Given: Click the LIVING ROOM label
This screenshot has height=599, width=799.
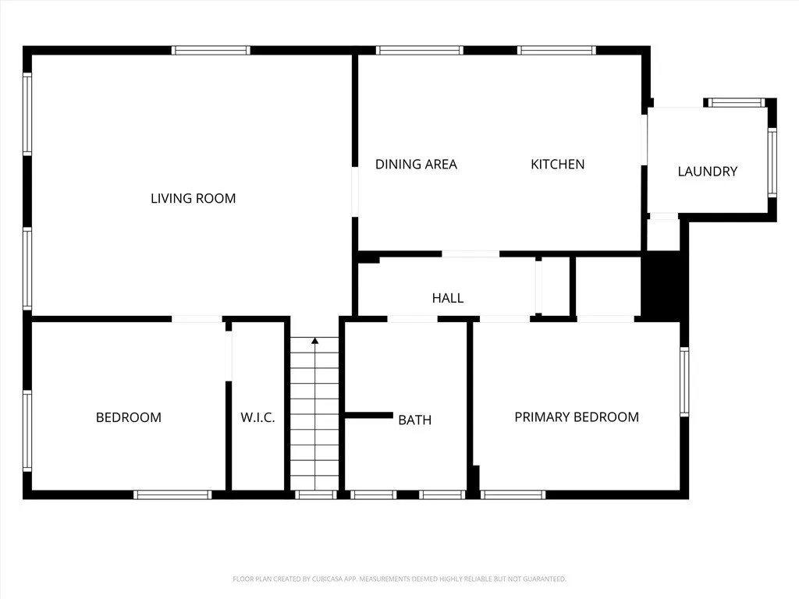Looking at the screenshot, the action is point(194,198).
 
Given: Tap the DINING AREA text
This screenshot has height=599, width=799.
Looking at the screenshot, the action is point(416,164).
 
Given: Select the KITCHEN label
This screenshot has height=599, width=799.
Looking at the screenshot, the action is point(557,164).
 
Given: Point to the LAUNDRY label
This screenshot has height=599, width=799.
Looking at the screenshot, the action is point(707,171).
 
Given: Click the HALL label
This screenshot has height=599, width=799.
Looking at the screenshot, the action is point(447,298).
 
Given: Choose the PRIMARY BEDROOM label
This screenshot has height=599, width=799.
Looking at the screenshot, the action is point(577,417).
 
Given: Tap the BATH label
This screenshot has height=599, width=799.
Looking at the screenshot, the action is point(415,420).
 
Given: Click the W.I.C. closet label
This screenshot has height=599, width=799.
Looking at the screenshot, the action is point(257,418).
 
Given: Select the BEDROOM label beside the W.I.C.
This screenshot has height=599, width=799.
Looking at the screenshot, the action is point(129,418).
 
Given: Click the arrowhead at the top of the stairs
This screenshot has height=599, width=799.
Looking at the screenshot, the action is point(315,340).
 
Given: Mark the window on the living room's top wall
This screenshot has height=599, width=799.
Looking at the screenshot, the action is point(211,51).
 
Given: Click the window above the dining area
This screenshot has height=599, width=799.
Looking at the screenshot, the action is point(419,51).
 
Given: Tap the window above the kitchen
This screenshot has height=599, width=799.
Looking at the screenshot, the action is point(556,51).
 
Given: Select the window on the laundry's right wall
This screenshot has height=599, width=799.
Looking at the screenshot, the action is point(772,162).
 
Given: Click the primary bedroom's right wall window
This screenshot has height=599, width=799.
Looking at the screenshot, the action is point(684,382).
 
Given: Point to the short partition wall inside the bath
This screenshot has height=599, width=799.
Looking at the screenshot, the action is point(369,415).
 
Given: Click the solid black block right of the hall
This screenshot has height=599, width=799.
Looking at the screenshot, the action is point(660,286).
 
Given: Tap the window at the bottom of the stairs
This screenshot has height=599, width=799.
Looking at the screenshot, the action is point(316,494).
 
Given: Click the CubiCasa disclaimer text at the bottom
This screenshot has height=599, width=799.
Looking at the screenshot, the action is point(399,580).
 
